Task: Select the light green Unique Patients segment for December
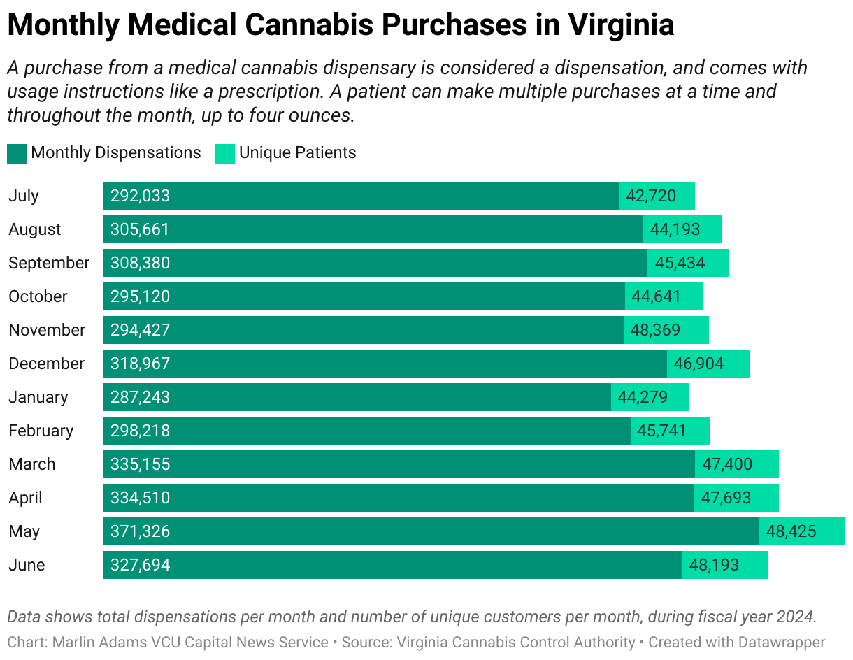point(708,364)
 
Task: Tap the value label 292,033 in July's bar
point(140,196)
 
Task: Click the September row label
point(49,263)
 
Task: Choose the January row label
point(38,397)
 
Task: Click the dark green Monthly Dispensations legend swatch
point(17,153)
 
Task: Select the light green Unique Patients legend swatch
point(225,153)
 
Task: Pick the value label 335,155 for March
point(140,464)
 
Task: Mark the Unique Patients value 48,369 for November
point(655,330)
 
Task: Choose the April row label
point(25,498)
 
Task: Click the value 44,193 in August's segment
point(675,229)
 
